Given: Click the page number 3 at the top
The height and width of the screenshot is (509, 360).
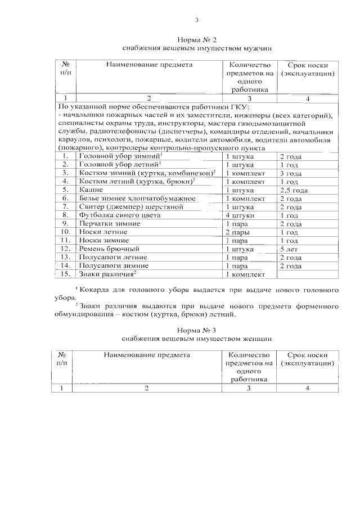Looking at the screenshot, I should [x=197, y=21].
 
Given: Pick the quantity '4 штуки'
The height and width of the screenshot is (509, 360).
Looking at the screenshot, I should [x=239, y=215].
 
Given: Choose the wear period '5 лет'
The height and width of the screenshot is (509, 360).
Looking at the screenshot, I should [x=289, y=248].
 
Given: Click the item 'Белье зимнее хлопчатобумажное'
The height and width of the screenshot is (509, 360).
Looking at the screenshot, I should [x=129, y=199].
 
